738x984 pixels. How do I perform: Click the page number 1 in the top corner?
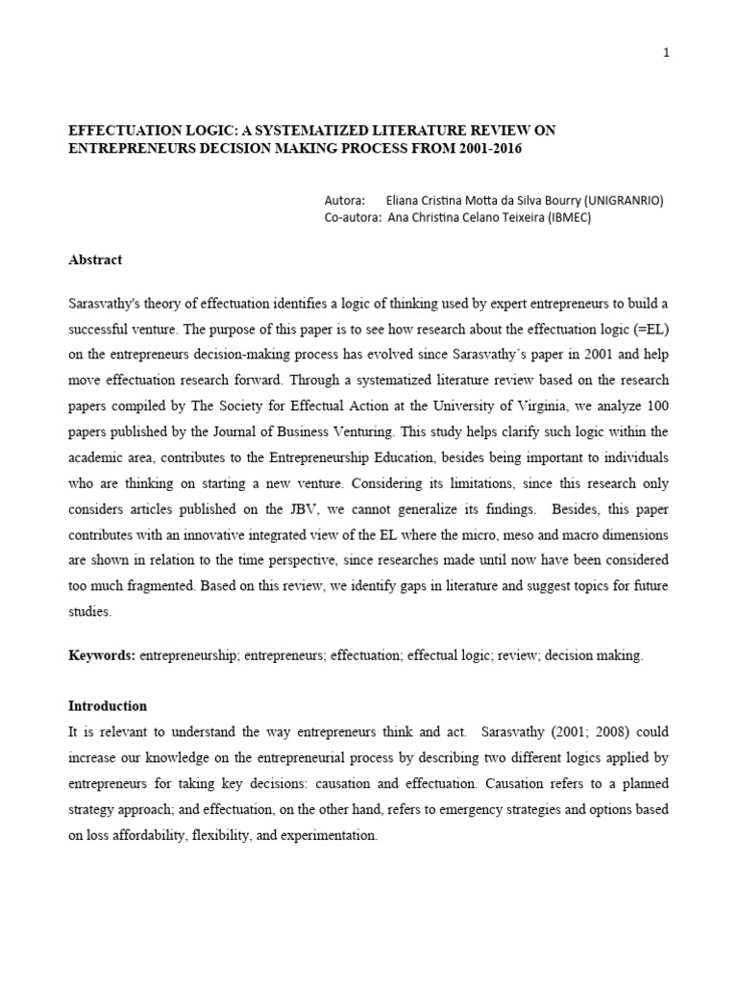(x=666, y=53)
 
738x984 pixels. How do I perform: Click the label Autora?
(x=345, y=201)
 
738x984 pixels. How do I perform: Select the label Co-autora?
(x=352, y=218)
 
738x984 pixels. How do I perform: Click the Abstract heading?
(x=95, y=260)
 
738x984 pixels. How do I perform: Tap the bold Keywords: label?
(x=103, y=655)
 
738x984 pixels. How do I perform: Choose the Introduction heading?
(x=107, y=705)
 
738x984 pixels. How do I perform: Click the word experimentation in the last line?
(x=328, y=835)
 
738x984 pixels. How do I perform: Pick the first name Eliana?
(x=403, y=201)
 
